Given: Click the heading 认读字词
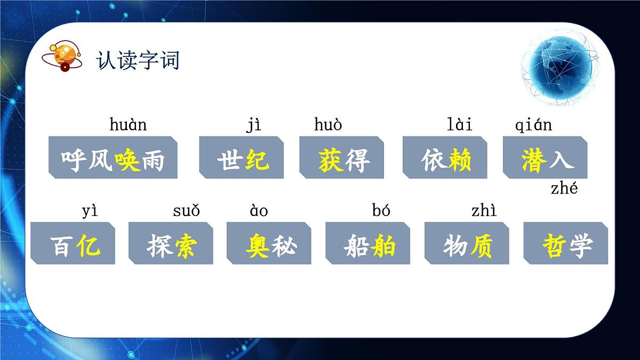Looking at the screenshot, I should click(138, 60).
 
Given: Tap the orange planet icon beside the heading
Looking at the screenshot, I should click(63, 55).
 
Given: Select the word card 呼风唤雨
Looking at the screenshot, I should click(113, 158).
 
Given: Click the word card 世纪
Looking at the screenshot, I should click(242, 158).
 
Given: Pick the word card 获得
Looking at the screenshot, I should click(341, 158).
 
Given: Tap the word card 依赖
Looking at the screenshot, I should click(445, 158).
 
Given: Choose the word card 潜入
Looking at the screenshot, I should click(545, 158).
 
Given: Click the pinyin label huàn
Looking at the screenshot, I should click(128, 125).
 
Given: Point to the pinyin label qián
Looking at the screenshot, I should click(533, 125).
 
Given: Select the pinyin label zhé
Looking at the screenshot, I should click(564, 189).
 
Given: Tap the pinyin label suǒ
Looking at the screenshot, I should click(186, 211).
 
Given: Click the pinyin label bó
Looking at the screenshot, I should click(381, 211).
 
